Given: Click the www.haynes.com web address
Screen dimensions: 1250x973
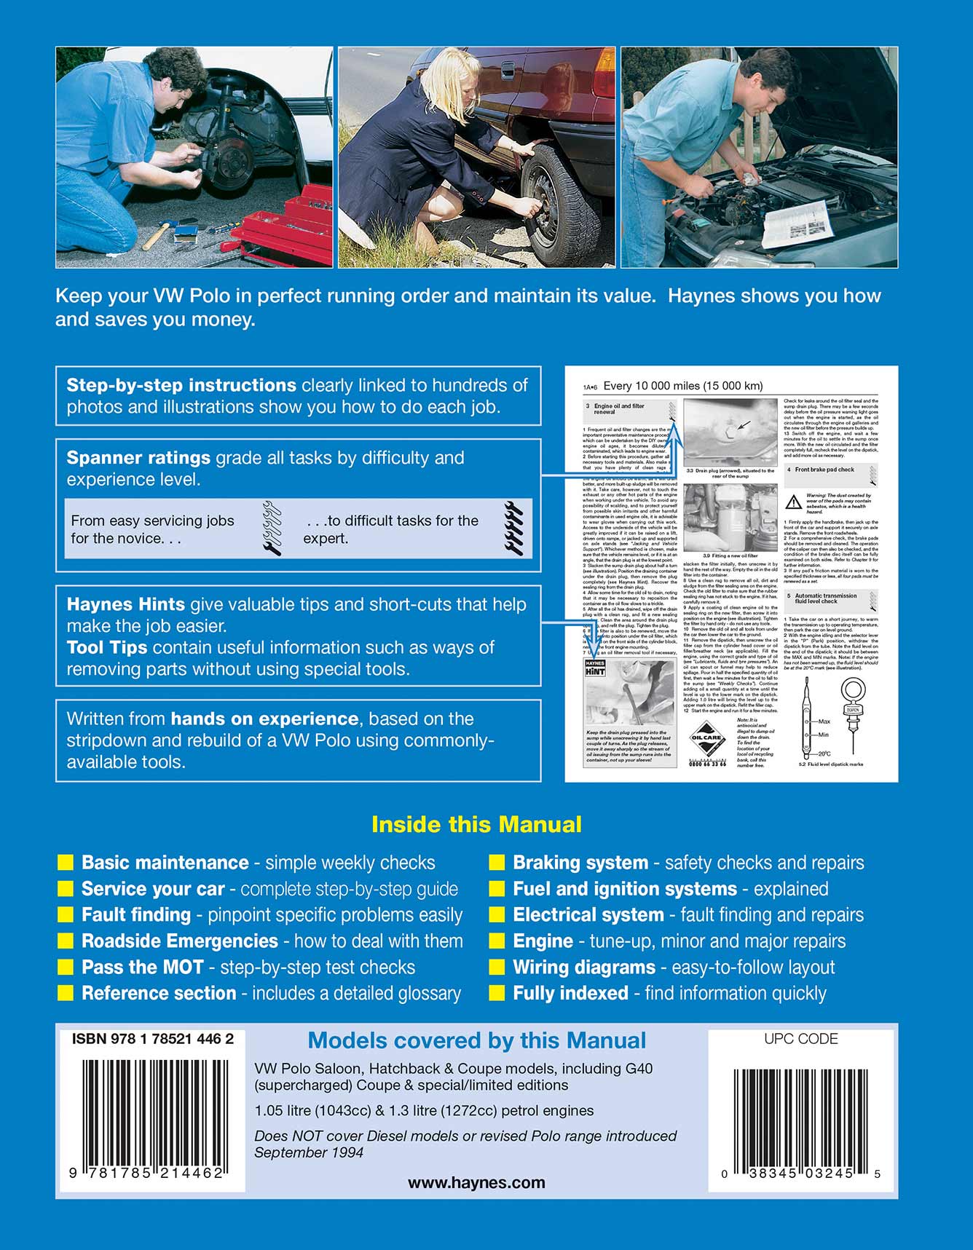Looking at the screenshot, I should tap(476, 1183).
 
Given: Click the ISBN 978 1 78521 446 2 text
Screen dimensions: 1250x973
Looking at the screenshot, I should tap(152, 1040).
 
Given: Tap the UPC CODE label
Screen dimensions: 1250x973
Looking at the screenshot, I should tap(800, 1039).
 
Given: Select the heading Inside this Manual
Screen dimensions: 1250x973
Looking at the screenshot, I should tap(476, 824).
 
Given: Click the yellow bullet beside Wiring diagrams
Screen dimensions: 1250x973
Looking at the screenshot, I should tap(497, 968).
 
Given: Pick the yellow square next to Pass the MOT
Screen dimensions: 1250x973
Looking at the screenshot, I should tap(66, 968).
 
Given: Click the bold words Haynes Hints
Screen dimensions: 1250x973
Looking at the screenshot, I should tap(125, 604).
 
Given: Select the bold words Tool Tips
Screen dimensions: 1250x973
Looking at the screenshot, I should tap(106, 647).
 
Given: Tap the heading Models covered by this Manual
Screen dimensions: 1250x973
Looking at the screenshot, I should tap(476, 1040).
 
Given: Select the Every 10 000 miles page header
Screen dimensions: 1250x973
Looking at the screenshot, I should tap(683, 386).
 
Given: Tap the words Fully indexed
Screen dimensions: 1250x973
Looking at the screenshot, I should tap(570, 993).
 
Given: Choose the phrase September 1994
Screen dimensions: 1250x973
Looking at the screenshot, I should tap(309, 1152).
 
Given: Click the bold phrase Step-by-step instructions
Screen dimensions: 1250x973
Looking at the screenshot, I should tap(181, 385).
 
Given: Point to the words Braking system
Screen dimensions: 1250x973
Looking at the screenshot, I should tap(580, 863).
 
